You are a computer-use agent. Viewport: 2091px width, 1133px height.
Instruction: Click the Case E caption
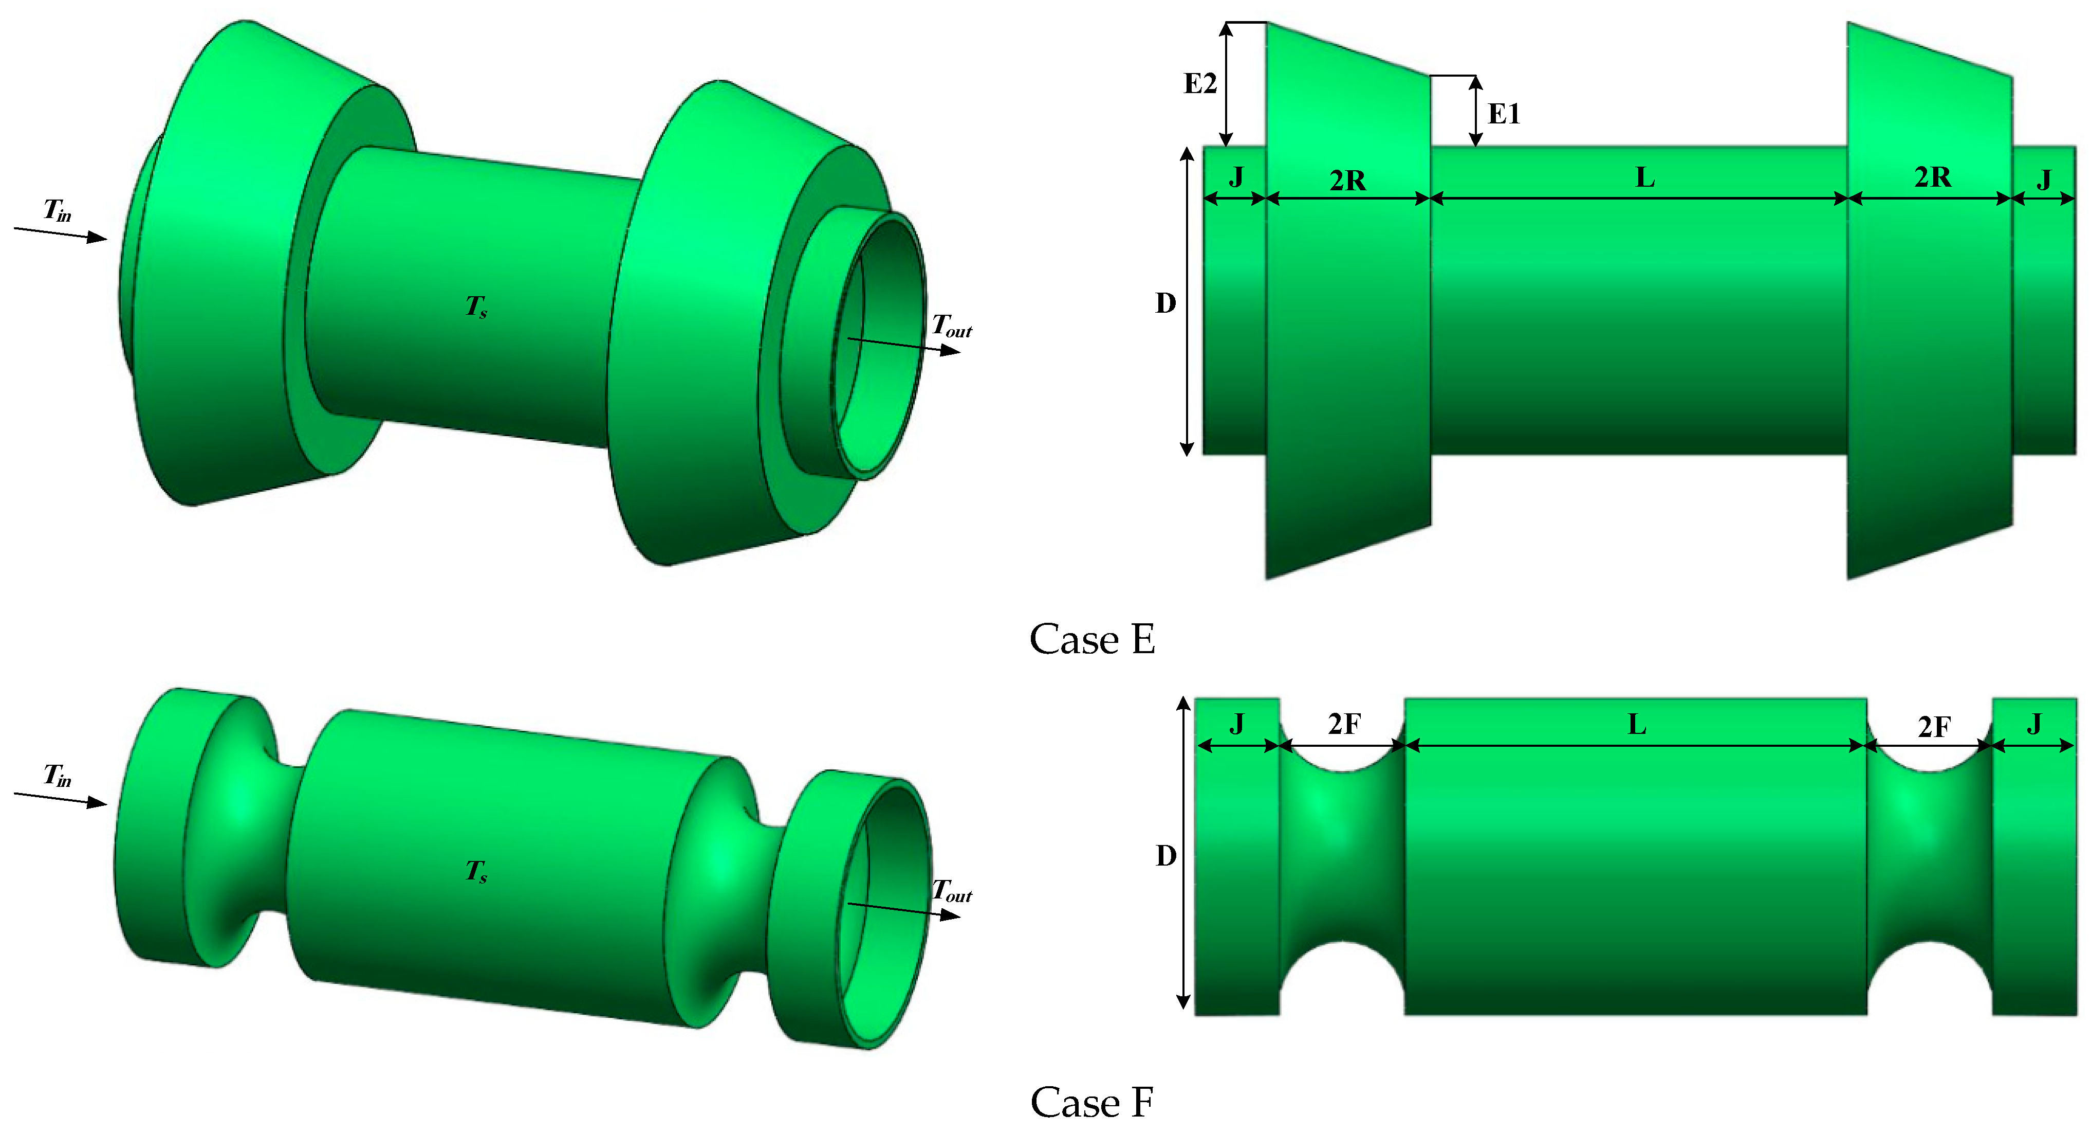[x=1092, y=639]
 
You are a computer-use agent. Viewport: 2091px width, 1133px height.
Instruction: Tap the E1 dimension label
[x=1503, y=114]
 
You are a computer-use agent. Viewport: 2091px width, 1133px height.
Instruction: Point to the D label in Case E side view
[x=1165, y=303]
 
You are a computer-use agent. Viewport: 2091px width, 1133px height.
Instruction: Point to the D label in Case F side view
[x=1165, y=855]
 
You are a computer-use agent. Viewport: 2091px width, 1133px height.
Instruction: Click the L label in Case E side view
[x=1644, y=177]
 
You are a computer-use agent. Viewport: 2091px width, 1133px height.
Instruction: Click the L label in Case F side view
[x=1636, y=724]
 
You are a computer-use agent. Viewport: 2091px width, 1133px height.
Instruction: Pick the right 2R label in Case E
[x=1933, y=177]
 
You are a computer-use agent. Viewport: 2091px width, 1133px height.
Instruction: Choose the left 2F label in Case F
[x=1344, y=724]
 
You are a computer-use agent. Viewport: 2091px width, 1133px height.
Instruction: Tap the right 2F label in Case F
[x=1934, y=727]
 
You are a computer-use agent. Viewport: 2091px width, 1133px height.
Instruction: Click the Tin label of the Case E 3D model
[x=57, y=210]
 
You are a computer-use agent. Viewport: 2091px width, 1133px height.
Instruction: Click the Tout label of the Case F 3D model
[x=951, y=891]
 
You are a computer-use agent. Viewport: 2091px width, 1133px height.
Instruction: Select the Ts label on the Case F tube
[x=476, y=871]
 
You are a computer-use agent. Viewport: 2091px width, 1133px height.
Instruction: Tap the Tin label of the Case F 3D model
[x=57, y=775]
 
